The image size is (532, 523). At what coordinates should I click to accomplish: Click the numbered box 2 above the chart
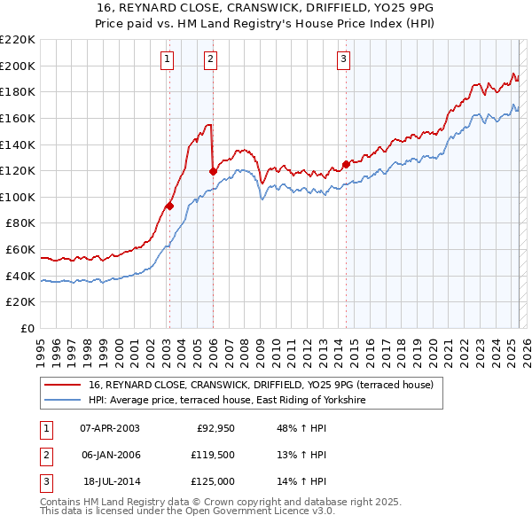click(x=211, y=59)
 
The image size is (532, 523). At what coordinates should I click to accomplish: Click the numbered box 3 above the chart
click(x=343, y=59)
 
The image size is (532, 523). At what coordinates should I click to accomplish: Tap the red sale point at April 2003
click(x=169, y=206)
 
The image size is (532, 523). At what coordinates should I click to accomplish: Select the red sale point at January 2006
click(x=213, y=171)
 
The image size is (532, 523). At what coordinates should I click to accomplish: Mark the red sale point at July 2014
click(x=346, y=164)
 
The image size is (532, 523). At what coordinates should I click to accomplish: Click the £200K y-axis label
click(x=20, y=66)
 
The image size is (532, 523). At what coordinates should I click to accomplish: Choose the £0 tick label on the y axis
click(x=27, y=328)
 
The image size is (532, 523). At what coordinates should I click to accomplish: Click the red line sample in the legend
click(x=62, y=385)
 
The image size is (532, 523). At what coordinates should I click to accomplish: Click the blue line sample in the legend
click(x=62, y=401)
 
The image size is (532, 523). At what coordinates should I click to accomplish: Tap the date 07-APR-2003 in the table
click(x=110, y=428)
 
